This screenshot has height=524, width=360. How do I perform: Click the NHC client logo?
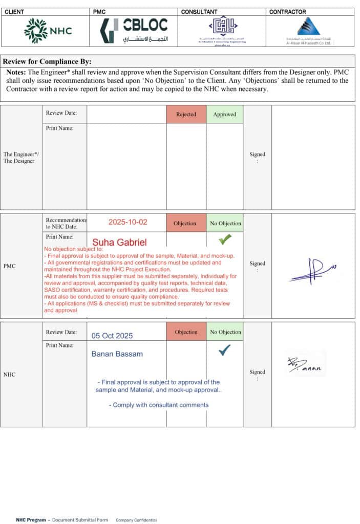coord(48,30)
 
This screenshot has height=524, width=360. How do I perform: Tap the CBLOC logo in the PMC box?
coord(134,30)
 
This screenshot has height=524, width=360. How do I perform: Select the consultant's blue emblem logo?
coord(222,27)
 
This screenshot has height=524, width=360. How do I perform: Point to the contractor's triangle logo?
coord(308,27)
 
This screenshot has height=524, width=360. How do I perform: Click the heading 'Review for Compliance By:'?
coord(47,62)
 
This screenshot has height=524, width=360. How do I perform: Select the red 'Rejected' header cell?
coord(186,114)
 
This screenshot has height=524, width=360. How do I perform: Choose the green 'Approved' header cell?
coord(224,114)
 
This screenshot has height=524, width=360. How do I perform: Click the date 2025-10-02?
coord(128,222)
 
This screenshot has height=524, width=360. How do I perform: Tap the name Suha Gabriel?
coord(119,242)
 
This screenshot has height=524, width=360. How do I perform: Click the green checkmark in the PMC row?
coord(224,239)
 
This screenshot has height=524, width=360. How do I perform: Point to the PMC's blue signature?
coord(313,270)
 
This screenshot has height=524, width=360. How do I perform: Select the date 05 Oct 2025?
coord(112,336)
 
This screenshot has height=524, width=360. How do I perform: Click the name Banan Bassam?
coord(117,354)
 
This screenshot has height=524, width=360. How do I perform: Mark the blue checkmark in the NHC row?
coord(224,350)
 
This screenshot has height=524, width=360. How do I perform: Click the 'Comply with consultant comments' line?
coord(159,405)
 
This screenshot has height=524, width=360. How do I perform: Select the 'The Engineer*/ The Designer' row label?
coord(19,158)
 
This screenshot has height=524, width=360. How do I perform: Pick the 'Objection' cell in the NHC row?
coord(186,332)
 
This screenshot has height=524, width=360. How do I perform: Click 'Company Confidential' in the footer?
coord(136,520)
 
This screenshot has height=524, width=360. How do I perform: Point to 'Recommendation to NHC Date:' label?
coord(66,223)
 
